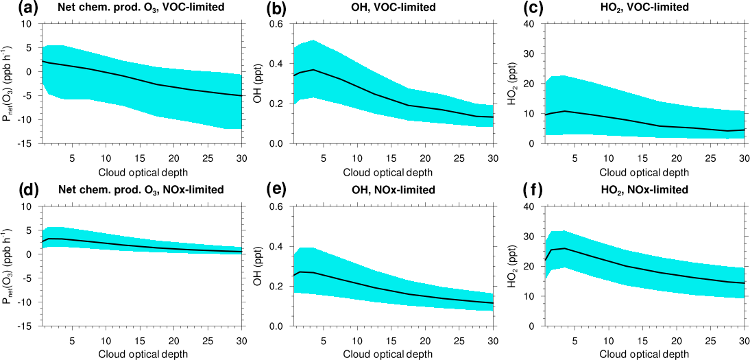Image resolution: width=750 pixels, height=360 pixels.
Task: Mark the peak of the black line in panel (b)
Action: click(x=313, y=70)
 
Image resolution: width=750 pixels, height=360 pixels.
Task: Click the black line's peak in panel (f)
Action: click(x=564, y=248)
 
